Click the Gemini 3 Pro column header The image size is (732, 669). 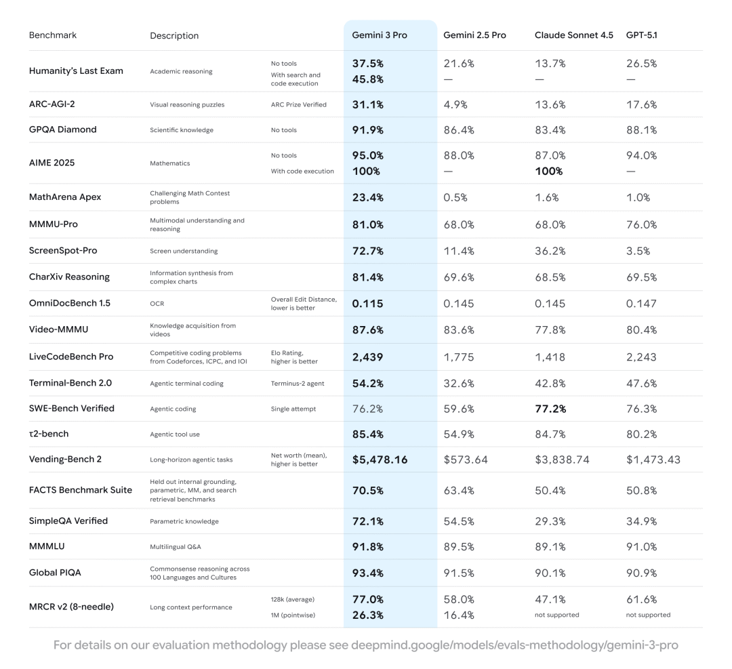point(379,35)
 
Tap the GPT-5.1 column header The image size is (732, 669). point(641,35)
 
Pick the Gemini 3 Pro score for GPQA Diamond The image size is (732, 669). point(367,129)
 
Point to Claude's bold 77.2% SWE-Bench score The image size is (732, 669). point(550,409)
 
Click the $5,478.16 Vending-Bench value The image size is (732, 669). point(380,460)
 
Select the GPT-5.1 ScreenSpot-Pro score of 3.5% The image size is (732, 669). point(638,251)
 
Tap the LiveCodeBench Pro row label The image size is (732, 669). point(70,357)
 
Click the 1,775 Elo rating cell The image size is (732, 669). point(458,357)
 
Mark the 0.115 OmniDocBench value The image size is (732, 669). point(367,304)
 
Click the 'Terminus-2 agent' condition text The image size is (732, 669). point(298,384)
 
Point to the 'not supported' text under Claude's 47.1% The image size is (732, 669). point(556,615)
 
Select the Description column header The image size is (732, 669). point(174,35)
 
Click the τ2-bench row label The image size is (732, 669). point(48,434)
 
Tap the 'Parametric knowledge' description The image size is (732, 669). point(184,521)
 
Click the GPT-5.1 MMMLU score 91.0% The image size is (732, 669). point(641,547)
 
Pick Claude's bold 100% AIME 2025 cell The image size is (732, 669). point(548,171)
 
